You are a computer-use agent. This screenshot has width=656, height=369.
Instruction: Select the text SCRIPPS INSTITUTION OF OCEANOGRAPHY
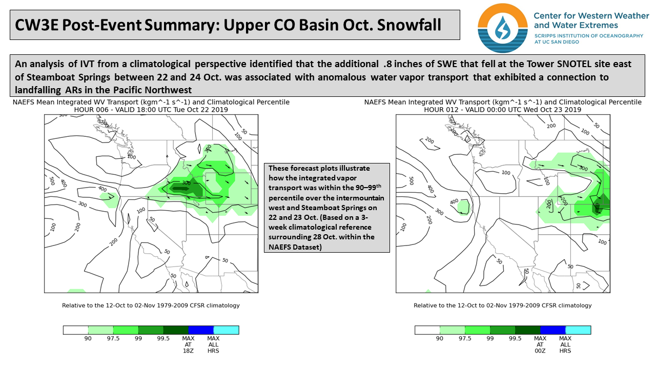pyautogui.click(x=588, y=35)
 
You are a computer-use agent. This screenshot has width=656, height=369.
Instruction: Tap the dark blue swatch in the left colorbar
pyautogui.click(x=201, y=330)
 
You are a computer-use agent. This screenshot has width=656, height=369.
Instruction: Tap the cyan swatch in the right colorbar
pyautogui.click(x=578, y=330)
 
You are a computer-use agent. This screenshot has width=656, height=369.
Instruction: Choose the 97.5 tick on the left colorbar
pyautogui.click(x=113, y=339)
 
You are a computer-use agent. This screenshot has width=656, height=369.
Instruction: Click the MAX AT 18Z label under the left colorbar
pyautogui.click(x=188, y=345)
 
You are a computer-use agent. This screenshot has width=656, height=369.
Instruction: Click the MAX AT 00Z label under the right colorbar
pyautogui.click(x=540, y=345)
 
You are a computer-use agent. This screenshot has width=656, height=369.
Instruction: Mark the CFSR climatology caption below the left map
pyautogui.click(x=151, y=305)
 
